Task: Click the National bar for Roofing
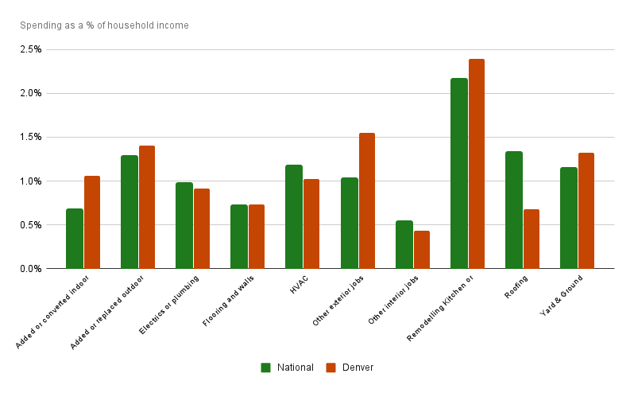click(514, 210)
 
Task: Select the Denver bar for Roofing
click(532, 239)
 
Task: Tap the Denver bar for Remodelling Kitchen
click(477, 164)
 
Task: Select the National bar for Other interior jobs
click(404, 244)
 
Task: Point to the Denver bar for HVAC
click(311, 224)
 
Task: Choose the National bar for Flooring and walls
click(239, 236)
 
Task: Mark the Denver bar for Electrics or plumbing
click(202, 228)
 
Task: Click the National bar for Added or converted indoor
click(75, 239)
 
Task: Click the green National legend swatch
click(266, 368)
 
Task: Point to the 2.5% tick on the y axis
click(31, 49)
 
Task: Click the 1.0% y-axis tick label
click(31, 181)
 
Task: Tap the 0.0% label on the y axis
click(31, 269)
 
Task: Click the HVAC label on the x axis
click(298, 283)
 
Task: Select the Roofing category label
click(516, 286)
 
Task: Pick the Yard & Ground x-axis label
click(562, 295)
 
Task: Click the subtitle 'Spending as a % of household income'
click(104, 25)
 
